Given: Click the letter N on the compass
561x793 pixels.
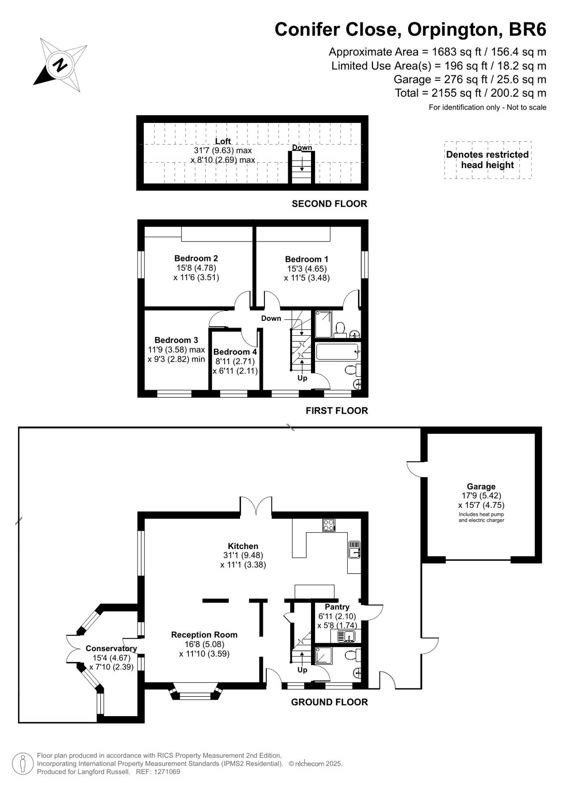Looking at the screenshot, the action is click(61, 65).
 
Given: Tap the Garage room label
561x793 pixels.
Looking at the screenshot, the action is click(481, 487).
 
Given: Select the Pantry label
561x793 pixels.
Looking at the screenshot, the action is click(337, 607).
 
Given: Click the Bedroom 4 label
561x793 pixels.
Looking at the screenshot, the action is click(235, 352).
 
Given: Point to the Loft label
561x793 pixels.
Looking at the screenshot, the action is click(223, 141).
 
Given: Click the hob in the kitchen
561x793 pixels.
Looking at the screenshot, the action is click(329, 525).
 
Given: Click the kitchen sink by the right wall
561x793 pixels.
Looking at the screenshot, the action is click(354, 549).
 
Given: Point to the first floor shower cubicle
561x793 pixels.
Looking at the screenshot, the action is click(323, 324).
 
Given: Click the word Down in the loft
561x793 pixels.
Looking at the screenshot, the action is click(302, 148).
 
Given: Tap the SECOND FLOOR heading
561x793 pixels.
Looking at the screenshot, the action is click(329, 203).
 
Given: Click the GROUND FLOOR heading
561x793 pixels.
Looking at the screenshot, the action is click(329, 702).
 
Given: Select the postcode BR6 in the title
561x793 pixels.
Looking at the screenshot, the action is click(527, 29).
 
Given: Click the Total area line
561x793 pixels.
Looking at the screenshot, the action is click(470, 93).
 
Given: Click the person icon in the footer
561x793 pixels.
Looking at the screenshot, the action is click(23, 764).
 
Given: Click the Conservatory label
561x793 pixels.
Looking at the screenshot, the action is click(111, 648).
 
